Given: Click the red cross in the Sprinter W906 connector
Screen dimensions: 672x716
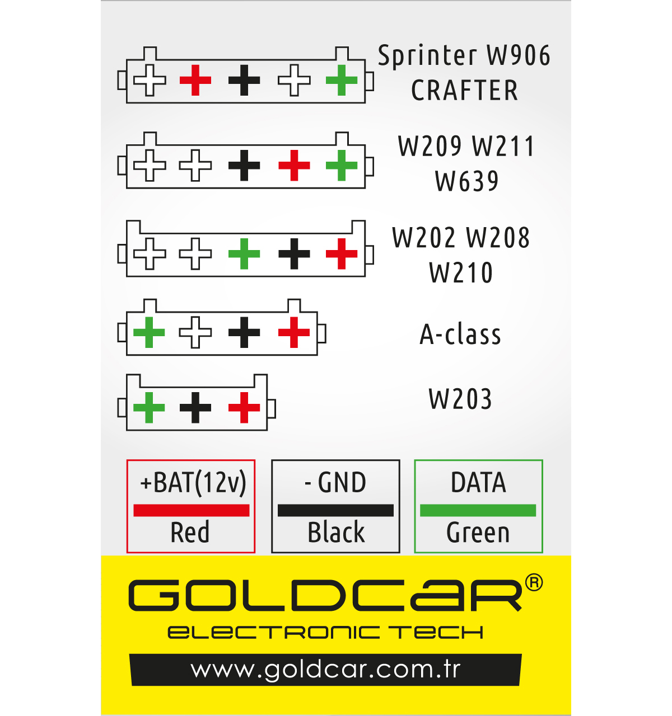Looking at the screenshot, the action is click(x=195, y=80).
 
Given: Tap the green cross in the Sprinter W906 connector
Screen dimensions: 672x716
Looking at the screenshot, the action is click(x=341, y=80).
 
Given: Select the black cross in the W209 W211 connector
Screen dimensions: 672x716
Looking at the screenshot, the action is click(x=244, y=166).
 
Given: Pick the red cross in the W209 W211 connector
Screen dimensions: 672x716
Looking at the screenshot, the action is click(x=294, y=166).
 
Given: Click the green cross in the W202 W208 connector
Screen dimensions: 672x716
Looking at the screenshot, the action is click(x=244, y=254).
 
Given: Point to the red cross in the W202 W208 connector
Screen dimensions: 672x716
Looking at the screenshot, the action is click(x=341, y=254).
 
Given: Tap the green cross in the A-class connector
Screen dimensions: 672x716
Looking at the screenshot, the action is click(x=149, y=332).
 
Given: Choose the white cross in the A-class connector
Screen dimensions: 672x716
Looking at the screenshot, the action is click(x=195, y=332).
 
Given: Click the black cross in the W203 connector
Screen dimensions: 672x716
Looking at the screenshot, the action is click(x=195, y=408).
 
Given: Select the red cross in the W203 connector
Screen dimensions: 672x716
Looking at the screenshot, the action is click(x=244, y=408).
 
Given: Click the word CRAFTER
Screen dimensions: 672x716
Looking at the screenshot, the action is click(x=464, y=90).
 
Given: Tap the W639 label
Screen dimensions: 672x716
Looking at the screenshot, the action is click(x=466, y=181).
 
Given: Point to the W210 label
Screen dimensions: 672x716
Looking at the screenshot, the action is click(x=461, y=273).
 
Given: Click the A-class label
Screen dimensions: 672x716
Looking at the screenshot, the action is click(x=460, y=335).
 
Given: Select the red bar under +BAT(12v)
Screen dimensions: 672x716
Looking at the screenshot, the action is click(x=192, y=510).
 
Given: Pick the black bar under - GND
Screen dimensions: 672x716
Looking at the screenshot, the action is click(x=335, y=510).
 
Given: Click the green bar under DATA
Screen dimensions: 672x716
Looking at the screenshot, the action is click(x=478, y=510).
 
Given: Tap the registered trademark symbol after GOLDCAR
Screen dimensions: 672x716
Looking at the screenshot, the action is click(x=534, y=582).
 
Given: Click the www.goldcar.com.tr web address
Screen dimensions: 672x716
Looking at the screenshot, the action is click(x=325, y=670).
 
